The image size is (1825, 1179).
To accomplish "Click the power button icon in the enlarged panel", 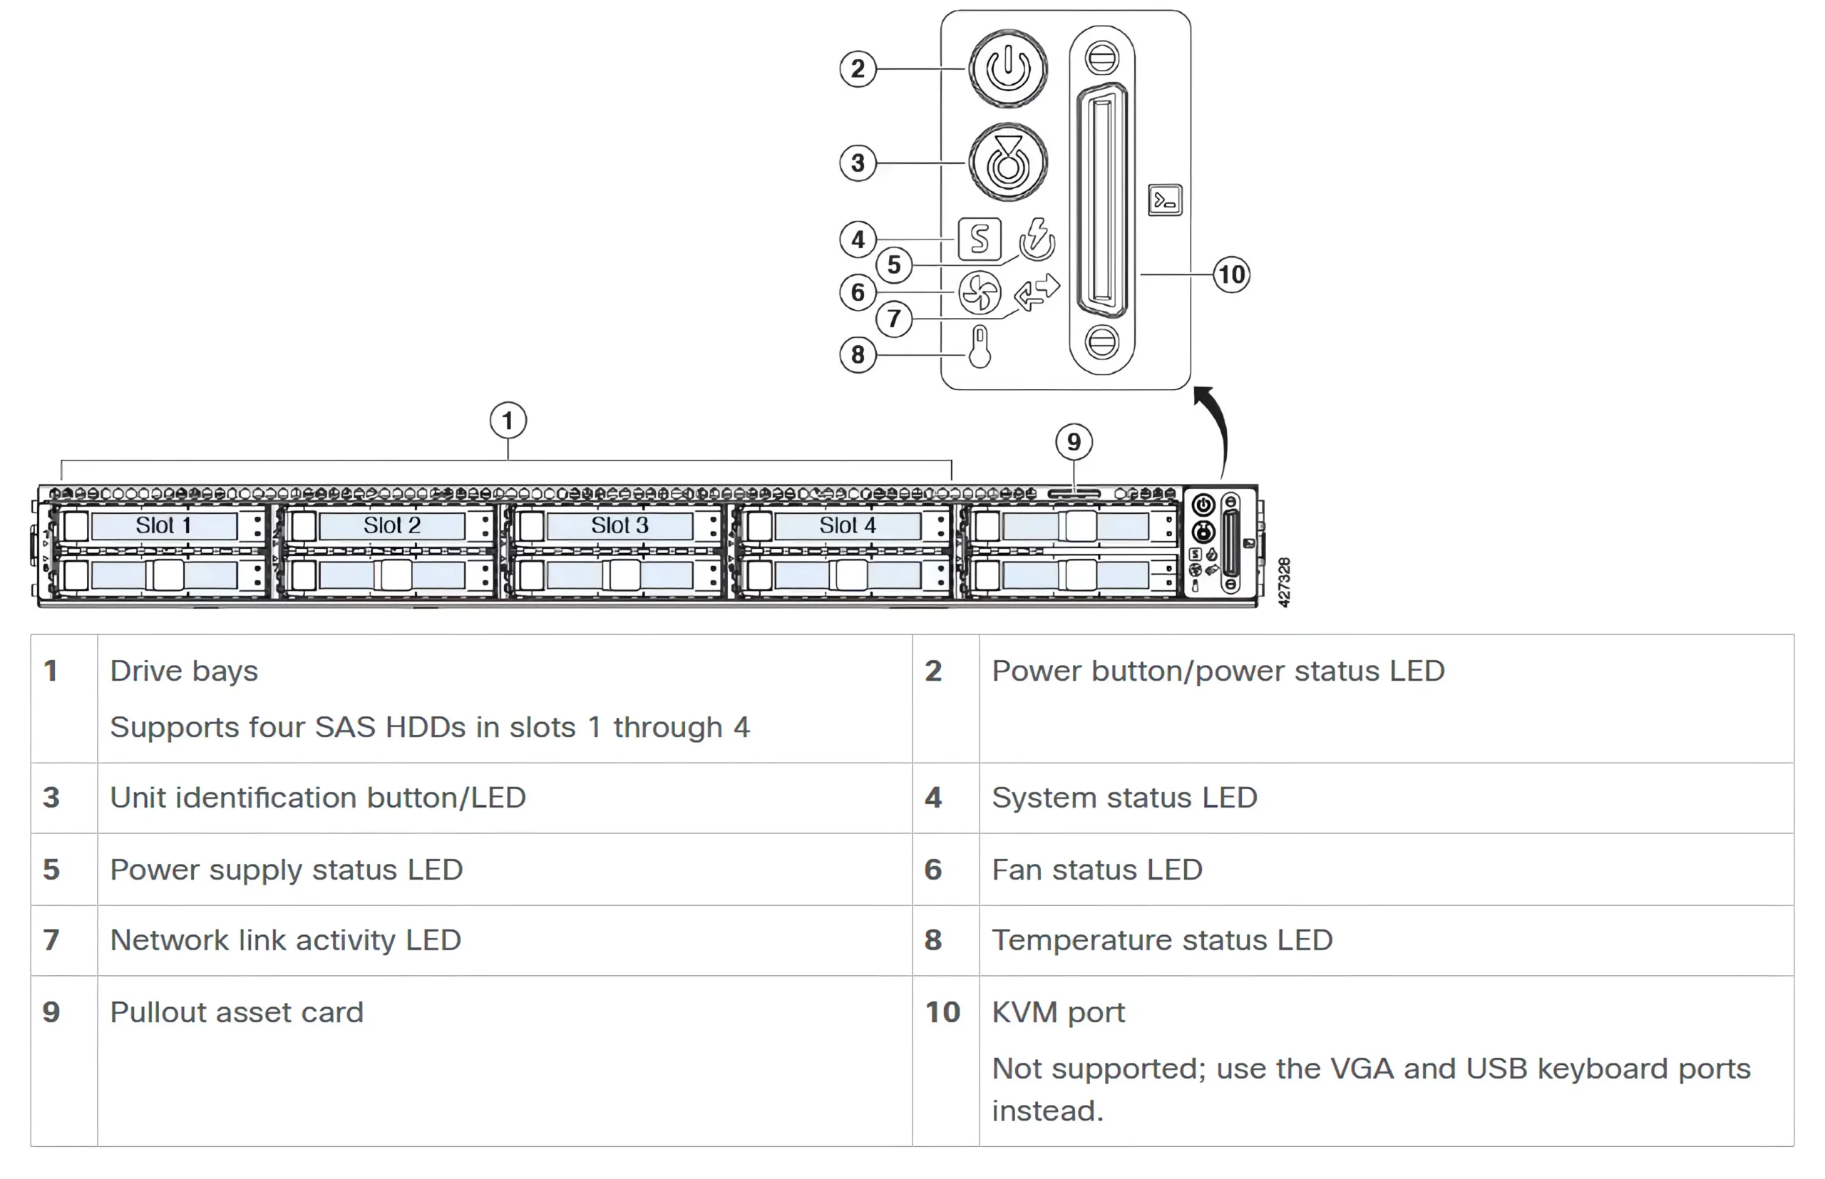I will pyautogui.click(x=1007, y=68).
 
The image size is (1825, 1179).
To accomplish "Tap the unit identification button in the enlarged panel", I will pyautogui.click(x=1007, y=163).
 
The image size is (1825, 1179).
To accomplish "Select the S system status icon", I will pyautogui.click(x=979, y=239).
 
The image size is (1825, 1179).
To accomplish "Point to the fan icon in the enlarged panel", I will pyautogui.click(x=979, y=292).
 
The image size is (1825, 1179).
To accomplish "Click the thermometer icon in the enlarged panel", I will pyautogui.click(x=979, y=347).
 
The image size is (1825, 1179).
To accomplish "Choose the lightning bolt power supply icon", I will pyautogui.click(x=1037, y=237).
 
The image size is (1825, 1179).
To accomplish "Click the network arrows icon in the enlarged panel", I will pyautogui.click(x=1037, y=292).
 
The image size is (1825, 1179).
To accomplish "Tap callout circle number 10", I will pyautogui.click(x=1231, y=274).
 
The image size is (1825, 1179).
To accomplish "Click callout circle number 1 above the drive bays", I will pyautogui.click(x=508, y=421).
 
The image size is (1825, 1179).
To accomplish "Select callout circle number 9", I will pyautogui.click(x=1074, y=442).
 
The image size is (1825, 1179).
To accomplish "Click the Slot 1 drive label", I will pyautogui.click(x=163, y=525).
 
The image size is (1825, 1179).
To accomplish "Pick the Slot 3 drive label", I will pyautogui.click(x=620, y=525).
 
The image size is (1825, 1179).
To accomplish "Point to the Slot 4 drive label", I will pyautogui.click(x=848, y=525).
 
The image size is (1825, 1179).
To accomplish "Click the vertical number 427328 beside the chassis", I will pyautogui.click(x=1284, y=582).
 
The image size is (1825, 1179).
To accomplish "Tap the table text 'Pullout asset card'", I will pyautogui.click(x=237, y=1012).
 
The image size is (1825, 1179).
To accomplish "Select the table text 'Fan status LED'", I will pyautogui.click(x=1096, y=870).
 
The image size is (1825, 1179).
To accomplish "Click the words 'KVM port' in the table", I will pyautogui.click(x=1058, y=1012).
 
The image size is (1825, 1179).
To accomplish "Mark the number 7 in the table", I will pyautogui.click(x=51, y=940).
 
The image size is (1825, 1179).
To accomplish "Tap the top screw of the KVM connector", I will pyautogui.click(x=1101, y=58).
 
